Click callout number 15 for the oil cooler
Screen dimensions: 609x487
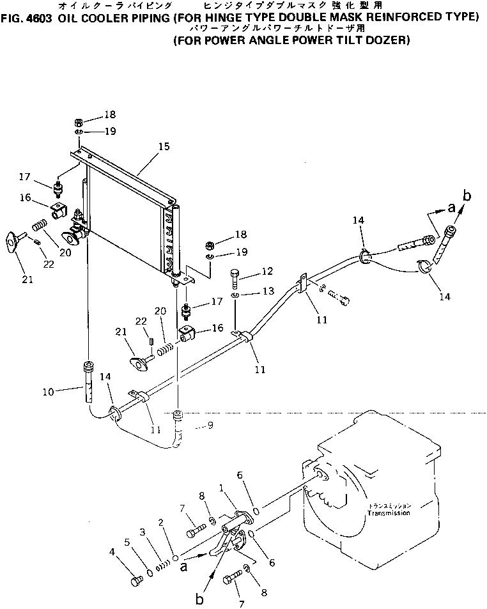pos(164,146)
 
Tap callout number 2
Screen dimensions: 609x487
pos(162,523)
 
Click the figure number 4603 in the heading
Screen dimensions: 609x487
pos(39,17)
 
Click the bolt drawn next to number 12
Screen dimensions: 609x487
pos(236,279)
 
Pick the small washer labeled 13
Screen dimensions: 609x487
pos(236,296)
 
